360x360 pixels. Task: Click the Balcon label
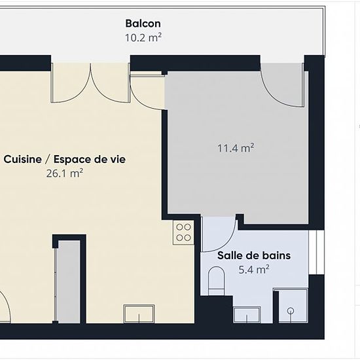click(x=143, y=24)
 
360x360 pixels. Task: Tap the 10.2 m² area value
click(x=143, y=37)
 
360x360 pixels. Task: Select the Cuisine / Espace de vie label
click(x=65, y=159)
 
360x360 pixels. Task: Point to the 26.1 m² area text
click(x=65, y=173)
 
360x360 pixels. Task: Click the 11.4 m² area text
click(x=236, y=148)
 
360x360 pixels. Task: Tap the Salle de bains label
click(x=254, y=255)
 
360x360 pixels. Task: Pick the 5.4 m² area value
click(x=254, y=269)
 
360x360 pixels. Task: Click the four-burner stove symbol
click(x=183, y=232)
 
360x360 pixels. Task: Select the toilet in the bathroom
click(x=216, y=281)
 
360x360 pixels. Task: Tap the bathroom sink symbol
click(x=247, y=315)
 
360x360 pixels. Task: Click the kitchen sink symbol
click(x=139, y=314)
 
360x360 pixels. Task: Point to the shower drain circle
click(x=291, y=311)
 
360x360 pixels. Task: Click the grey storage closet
click(x=69, y=281)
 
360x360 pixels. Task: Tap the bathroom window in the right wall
click(x=316, y=252)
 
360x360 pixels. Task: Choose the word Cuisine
click(x=22, y=159)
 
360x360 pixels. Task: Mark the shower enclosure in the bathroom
click(x=291, y=306)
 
